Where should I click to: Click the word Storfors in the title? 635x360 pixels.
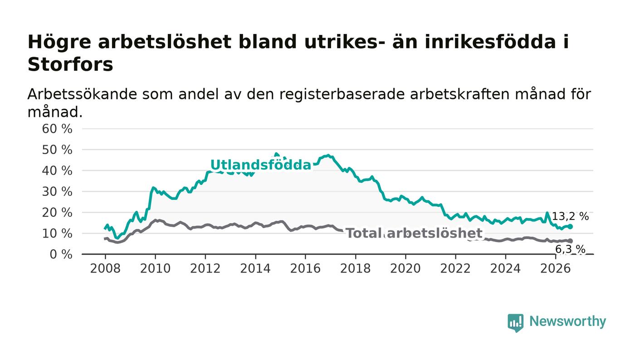point(70,64)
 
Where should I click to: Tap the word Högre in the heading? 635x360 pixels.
point(59,43)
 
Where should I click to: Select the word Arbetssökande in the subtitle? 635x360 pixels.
point(82,94)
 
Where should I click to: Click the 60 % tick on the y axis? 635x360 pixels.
point(57,129)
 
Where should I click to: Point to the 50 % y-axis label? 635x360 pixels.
point(57,150)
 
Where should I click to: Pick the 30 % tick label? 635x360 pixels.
point(57,192)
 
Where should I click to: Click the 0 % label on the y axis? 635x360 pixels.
point(61,254)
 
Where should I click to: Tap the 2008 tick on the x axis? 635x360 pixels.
point(105,268)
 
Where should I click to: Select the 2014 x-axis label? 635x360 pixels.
point(255,268)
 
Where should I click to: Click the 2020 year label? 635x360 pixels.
point(405,268)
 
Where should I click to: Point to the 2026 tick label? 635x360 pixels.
point(555,268)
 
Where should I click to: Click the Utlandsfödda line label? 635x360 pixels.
point(260,165)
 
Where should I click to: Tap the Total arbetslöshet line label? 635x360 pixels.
point(414,234)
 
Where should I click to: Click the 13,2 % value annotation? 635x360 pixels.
point(571,216)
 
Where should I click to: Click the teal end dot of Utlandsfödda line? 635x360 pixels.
point(571,227)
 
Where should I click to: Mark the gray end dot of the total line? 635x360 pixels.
point(571,241)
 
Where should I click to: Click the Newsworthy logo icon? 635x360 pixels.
point(515,323)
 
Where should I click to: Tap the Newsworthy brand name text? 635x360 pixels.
point(567,321)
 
